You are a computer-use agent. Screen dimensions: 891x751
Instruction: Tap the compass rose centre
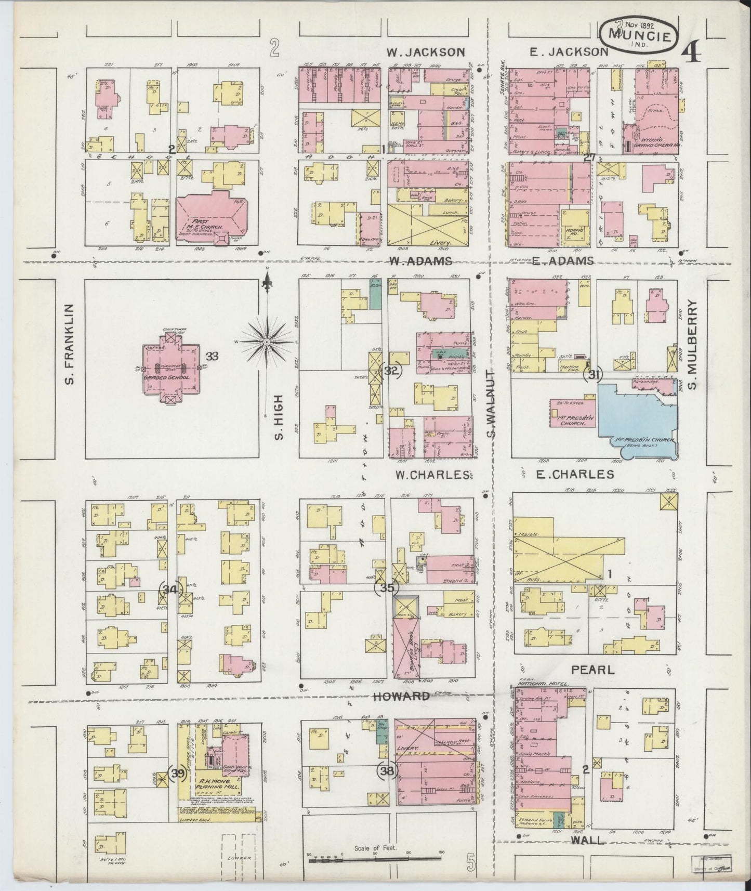(266, 342)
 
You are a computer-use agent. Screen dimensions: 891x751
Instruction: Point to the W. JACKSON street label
(426, 52)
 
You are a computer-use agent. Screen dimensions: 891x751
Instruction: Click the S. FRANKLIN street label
(71, 345)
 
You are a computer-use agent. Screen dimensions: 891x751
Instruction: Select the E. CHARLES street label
(569, 474)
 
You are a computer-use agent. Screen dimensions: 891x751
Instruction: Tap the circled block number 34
(170, 589)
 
